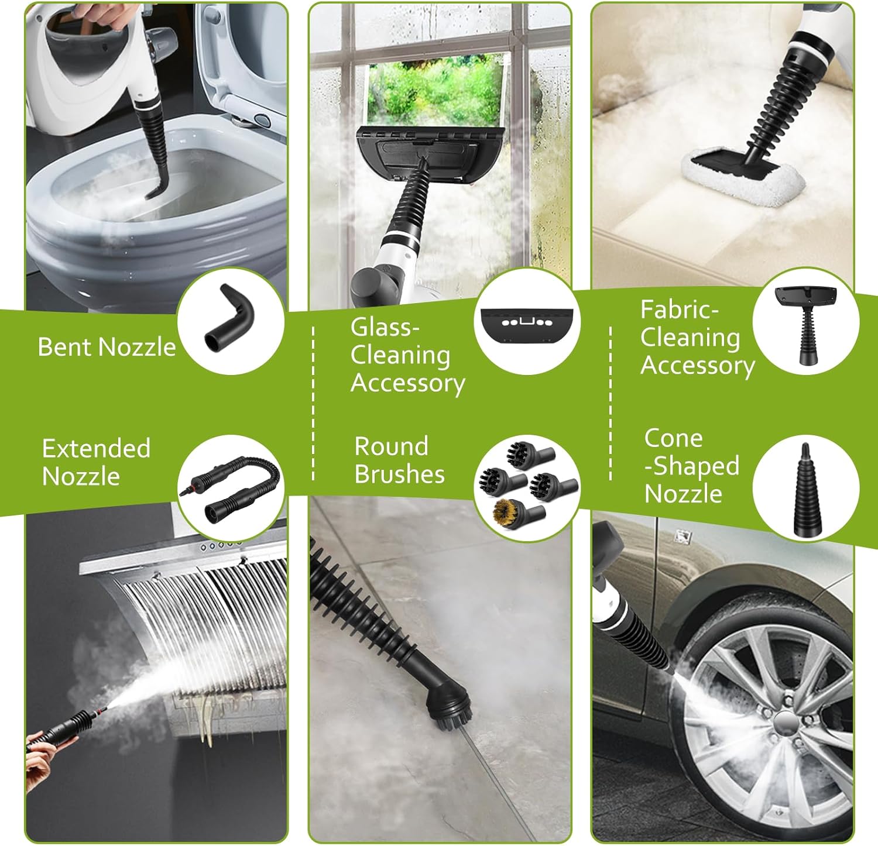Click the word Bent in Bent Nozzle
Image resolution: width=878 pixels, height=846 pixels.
point(60,347)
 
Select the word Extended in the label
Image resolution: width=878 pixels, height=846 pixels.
point(96,449)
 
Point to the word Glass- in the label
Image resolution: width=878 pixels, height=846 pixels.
point(385,327)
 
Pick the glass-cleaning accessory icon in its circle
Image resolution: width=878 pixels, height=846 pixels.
point(523,321)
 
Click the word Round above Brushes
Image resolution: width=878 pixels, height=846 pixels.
point(391,446)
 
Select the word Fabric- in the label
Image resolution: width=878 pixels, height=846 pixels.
point(679,309)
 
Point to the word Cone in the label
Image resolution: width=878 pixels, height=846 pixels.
point(673,438)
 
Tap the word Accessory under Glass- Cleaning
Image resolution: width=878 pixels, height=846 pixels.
point(407,384)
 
